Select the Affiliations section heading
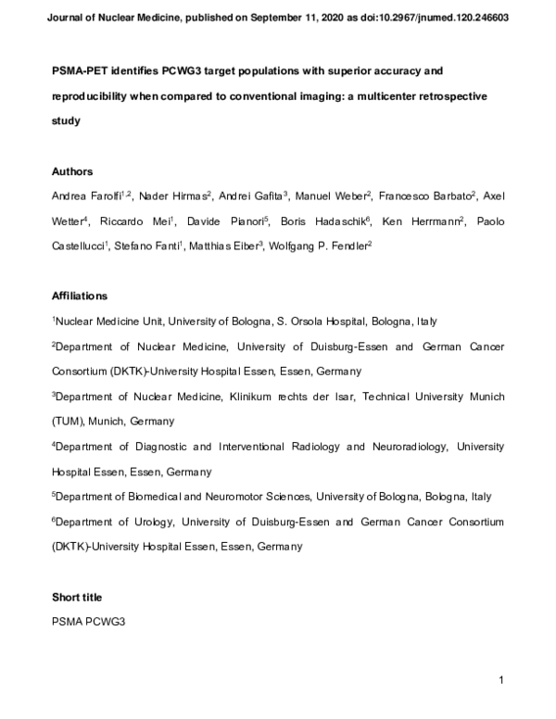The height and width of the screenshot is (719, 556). [x=80, y=296]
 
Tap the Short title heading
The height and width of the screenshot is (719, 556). [x=77, y=597]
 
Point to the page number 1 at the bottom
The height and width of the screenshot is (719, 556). [x=500, y=681]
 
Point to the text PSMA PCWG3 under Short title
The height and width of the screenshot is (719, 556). [x=88, y=622]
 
